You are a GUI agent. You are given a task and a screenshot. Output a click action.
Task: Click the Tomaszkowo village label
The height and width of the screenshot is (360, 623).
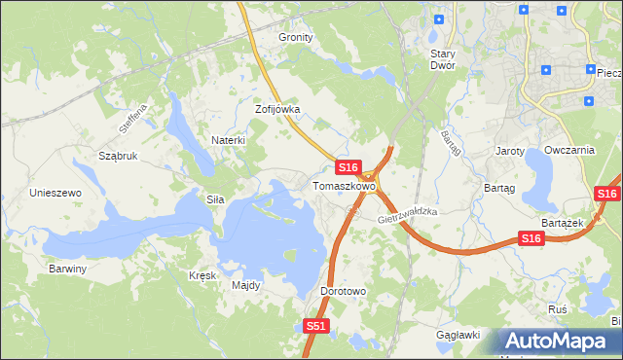pos(344,185)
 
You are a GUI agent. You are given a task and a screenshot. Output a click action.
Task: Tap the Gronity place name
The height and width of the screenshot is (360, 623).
pos(296,37)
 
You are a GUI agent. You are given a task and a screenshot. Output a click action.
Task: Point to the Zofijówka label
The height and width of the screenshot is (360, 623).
pos(277,110)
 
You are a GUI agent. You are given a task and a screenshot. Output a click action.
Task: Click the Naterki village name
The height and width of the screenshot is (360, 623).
pos(228,140)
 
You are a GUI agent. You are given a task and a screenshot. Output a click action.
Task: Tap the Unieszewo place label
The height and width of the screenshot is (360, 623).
pos(55,193)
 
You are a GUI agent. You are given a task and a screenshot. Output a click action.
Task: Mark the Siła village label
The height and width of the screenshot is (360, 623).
pos(215,198)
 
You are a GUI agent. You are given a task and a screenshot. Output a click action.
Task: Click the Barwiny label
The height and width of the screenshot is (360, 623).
pos(68,268)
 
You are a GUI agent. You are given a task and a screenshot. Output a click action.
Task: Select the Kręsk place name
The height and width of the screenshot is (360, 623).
pos(202,275)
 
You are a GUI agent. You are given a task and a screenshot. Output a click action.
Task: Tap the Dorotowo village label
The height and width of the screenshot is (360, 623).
pos(343,291)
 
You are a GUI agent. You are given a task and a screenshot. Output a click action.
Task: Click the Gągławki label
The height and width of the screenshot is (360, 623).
pos(459,335)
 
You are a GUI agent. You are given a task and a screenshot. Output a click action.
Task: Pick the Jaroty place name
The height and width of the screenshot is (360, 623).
pos(510,151)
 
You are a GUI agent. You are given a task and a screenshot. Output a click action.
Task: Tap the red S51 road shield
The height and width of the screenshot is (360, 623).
pos(315,327)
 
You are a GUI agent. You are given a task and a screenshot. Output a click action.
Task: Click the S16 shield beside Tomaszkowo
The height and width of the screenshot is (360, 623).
pos(350,167)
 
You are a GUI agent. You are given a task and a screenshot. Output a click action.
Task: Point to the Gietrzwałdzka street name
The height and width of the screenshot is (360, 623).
pos(408,216)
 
